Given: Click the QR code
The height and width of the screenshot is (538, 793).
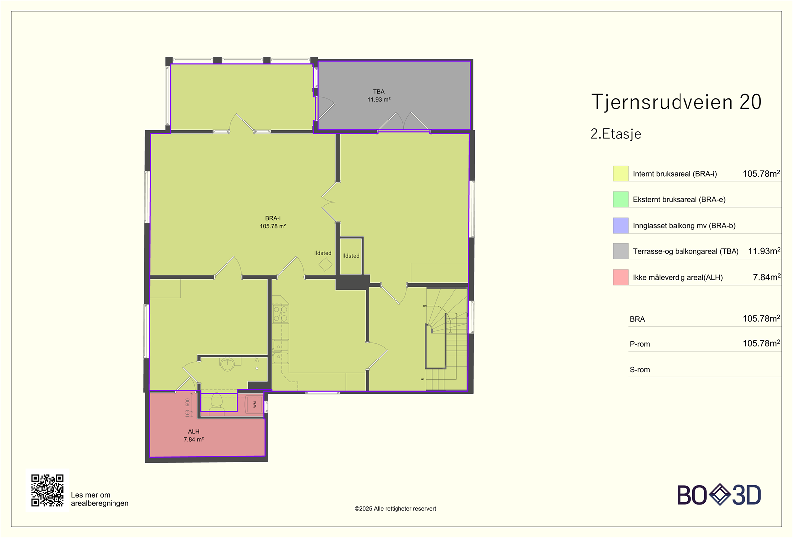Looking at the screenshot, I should (x=48, y=490).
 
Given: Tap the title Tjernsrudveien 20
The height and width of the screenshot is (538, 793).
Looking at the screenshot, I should (x=676, y=102).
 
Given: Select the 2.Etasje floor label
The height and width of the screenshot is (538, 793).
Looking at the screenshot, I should (x=616, y=134).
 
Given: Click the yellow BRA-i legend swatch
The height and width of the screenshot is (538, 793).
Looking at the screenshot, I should (x=621, y=174).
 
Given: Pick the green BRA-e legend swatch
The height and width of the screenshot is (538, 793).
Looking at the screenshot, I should (x=621, y=199).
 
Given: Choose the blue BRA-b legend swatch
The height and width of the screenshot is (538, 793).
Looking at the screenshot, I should (x=621, y=225).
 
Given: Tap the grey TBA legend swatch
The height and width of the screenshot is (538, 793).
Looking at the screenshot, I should (x=621, y=251).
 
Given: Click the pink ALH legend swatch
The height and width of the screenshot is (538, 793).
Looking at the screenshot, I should (x=621, y=277).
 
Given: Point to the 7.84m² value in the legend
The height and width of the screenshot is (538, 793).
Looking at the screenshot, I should (x=766, y=277).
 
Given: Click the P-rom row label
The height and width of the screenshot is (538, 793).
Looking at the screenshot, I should (x=640, y=344).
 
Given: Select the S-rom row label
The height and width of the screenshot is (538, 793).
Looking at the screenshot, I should (x=640, y=370).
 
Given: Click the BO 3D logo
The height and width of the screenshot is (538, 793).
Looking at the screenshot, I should (x=719, y=495).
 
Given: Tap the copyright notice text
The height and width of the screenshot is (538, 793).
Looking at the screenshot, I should (x=395, y=509).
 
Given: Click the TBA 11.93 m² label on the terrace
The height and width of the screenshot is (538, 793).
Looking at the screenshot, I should (x=379, y=96).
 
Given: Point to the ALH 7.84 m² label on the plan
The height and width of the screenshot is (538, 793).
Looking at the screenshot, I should (x=194, y=436).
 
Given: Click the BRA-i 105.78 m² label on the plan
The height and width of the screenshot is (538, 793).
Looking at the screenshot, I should (x=273, y=222).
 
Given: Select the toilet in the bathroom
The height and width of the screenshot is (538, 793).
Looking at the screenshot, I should (x=217, y=401).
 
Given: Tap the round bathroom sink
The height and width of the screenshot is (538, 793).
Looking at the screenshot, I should (x=227, y=364).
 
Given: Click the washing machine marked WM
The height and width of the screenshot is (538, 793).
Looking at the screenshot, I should (x=255, y=405).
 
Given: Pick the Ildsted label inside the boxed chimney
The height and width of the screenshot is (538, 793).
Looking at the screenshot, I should (x=351, y=256).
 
